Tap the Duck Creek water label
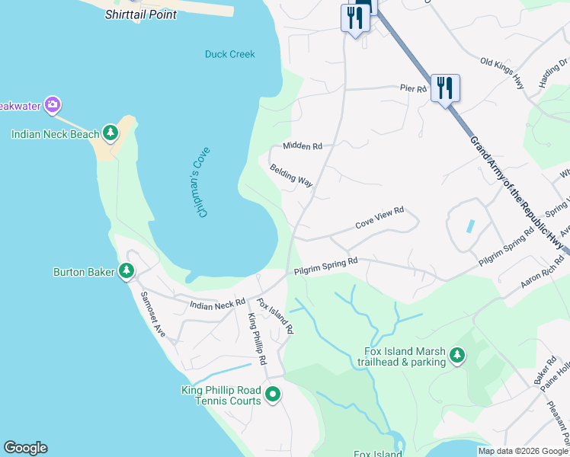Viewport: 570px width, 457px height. click(x=229, y=54)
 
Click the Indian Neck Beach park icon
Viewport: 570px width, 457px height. click(x=111, y=134)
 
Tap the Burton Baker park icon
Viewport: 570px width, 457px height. click(x=126, y=271)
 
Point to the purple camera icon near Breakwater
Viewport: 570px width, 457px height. click(x=52, y=104)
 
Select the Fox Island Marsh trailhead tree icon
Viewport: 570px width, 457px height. click(x=456, y=356)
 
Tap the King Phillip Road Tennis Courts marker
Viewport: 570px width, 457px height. click(x=273, y=395)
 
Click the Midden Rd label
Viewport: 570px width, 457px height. click(x=303, y=145)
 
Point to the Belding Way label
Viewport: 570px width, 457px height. click(x=291, y=175)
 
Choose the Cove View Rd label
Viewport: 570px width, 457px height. click(x=379, y=222)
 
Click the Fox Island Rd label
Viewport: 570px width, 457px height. click(x=275, y=316)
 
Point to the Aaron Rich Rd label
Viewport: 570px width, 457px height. click(x=542, y=270)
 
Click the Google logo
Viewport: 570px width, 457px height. click(x=25, y=448)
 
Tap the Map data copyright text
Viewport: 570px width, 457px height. click(x=522, y=451)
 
